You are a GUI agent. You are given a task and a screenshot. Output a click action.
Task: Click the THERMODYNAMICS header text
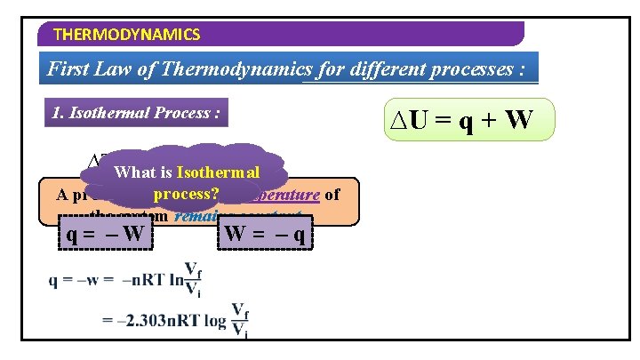[x=127, y=35]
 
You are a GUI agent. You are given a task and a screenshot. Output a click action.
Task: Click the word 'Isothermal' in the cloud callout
[x=218, y=172]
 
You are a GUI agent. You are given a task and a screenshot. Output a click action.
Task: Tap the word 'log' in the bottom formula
[x=215, y=320]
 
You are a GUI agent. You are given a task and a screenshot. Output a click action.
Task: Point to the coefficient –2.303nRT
[x=156, y=320]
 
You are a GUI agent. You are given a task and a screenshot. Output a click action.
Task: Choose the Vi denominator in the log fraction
[x=240, y=332]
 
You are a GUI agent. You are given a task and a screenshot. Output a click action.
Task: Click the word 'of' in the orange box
[x=332, y=193]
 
